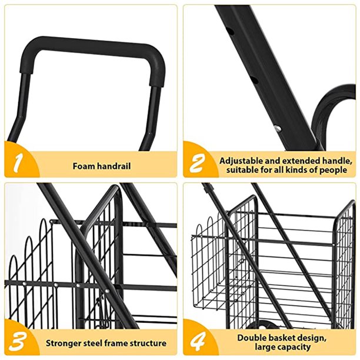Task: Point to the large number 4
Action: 198,342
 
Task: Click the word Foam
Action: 84,166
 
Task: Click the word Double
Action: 251,338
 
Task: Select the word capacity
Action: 291,348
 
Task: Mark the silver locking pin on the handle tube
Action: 277,127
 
